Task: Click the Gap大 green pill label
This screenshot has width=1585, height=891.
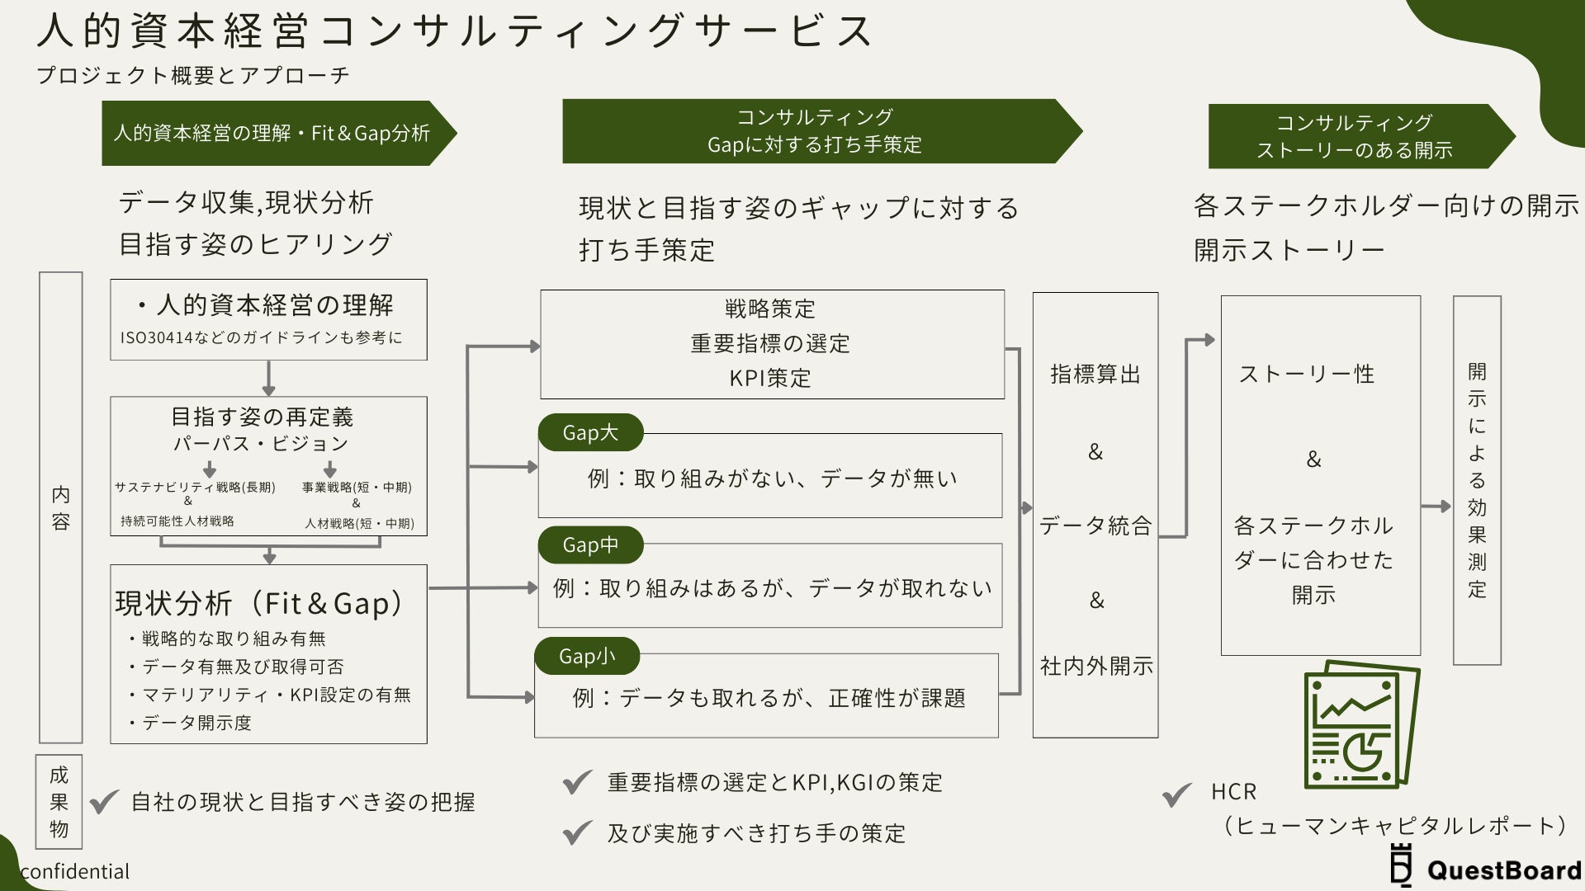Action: (590, 432)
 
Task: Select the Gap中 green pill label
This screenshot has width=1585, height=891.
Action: (590, 544)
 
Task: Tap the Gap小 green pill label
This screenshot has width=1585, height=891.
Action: (587, 656)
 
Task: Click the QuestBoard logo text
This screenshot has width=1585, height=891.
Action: (1502, 870)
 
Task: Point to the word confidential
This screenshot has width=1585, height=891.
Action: (75, 871)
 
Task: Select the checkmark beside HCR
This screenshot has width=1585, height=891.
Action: (1177, 794)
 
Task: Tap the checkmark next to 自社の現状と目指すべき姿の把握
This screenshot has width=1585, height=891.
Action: (105, 802)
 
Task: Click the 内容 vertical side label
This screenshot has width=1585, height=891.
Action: (61, 507)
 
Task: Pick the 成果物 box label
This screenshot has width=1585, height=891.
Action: (59, 802)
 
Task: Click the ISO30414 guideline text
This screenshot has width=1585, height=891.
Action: (261, 337)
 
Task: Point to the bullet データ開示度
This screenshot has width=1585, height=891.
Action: (196, 723)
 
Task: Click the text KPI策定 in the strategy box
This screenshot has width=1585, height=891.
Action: (770, 378)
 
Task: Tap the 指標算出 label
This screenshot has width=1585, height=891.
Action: (1095, 375)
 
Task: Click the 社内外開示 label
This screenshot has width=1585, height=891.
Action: (1096, 666)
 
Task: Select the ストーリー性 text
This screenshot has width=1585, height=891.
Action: (1307, 375)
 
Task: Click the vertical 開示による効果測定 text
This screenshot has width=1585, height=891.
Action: (1477, 480)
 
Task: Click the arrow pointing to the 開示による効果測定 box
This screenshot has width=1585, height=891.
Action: (1436, 507)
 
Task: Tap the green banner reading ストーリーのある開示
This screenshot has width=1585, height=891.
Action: (1354, 136)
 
